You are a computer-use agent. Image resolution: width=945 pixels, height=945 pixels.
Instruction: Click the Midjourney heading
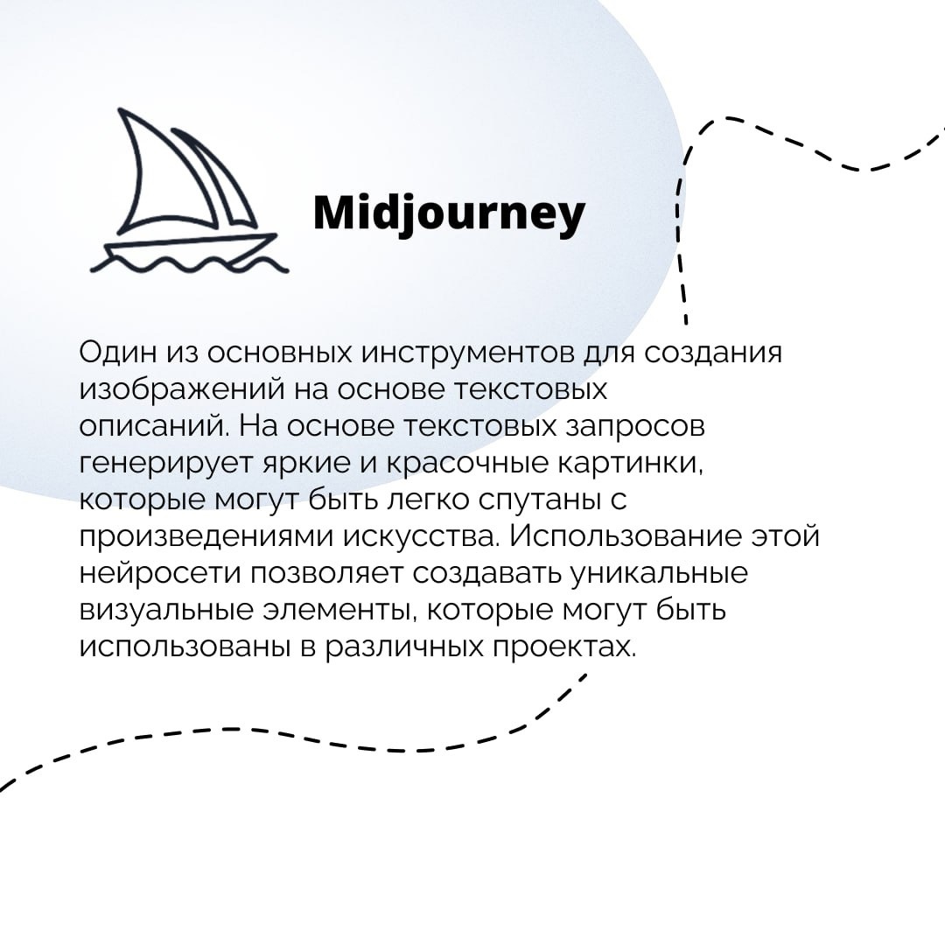(x=449, y=213)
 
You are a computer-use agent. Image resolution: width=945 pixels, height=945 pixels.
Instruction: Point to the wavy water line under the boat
(x=189, y=264)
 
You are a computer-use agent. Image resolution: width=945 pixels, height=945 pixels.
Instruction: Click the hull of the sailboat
(x=191, y=247)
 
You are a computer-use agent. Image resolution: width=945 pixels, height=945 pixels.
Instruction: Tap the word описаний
(x=155, y=427)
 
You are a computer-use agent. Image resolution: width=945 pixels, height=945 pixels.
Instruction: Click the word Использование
(x=626, y=537)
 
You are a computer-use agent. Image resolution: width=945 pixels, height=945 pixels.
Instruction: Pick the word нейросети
(x=160, y=574)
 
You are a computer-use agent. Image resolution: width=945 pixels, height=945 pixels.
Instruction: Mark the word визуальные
(x=166, y=611)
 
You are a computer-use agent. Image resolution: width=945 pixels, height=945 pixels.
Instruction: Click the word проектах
(x=564, y=647)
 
